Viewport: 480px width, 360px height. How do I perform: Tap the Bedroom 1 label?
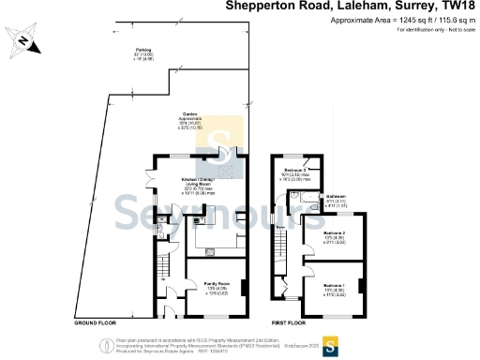334,287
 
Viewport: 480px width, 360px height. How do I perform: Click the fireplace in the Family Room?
245,288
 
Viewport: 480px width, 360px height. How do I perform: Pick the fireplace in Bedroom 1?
361,284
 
